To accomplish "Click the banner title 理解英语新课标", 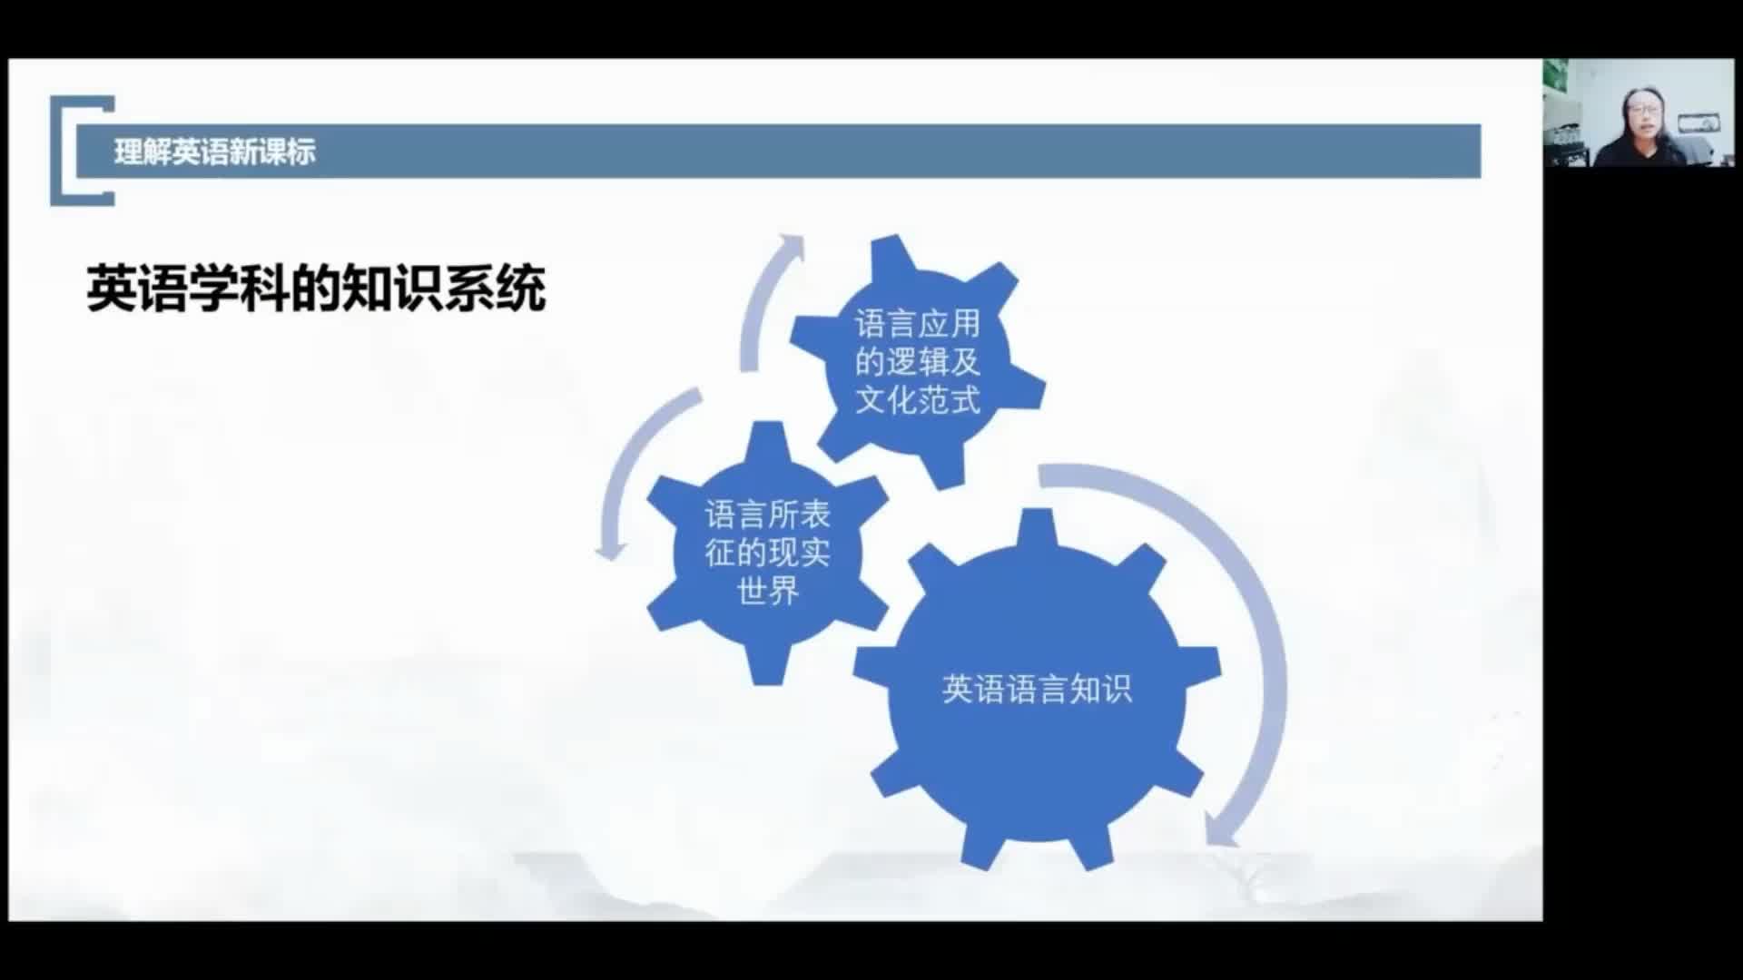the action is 215,152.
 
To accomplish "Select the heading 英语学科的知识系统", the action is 316,289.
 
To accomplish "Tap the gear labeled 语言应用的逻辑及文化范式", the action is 917,361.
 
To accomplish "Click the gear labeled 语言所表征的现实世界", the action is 768,553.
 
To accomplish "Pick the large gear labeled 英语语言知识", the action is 1037,690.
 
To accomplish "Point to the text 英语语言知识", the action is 1037,690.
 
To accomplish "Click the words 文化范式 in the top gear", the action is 918,399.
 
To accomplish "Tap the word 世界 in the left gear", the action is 768,591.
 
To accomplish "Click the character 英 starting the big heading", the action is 112,289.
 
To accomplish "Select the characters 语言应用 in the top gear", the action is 918,323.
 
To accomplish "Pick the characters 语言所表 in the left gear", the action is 768,514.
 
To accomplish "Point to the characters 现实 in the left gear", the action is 800,553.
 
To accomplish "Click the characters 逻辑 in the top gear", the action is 918,361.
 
